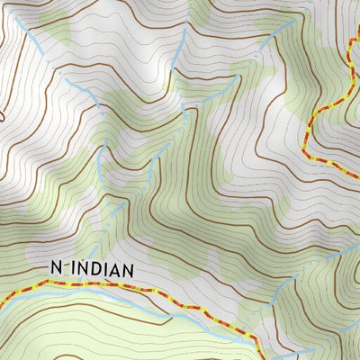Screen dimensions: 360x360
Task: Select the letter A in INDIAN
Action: tap(117, 268)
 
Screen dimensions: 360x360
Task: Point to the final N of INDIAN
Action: tap(129, 268)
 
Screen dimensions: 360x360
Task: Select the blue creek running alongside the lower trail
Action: tap(135, 301)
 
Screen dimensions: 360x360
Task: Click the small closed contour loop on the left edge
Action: tap(3, 112)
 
